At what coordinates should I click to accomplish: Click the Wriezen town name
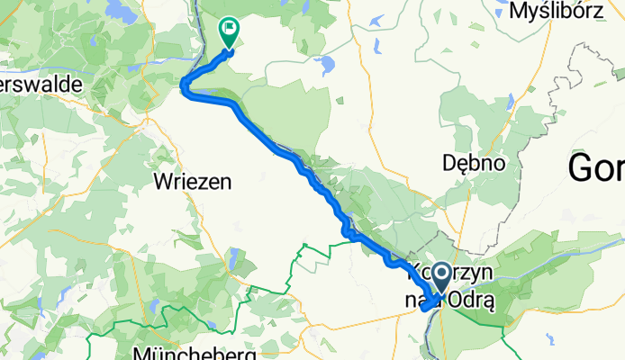pyautogui.click(x=193, y=181)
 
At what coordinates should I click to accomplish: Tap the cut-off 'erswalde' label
pyautogui.click(x=41, y=84)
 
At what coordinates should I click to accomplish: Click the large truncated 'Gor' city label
pyautogui.click(x=596, y=167)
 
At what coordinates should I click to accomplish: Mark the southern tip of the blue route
pyautogui.click(x=422, y=311)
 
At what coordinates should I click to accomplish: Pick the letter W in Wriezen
pyautogui.click(x=163, y=181)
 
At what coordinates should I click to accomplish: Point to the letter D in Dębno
pyautogui.click(x=448, y=163)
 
